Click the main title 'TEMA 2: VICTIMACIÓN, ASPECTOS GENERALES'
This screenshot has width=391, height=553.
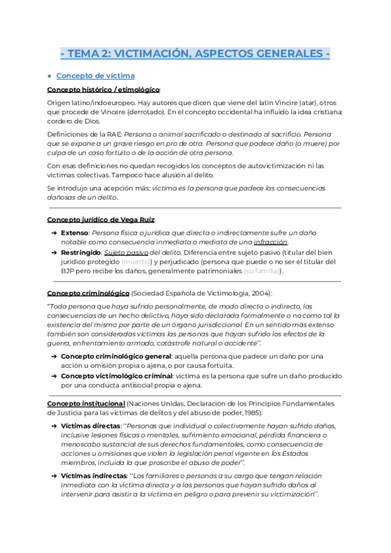[195, 53]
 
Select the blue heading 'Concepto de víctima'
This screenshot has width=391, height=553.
[96, 75]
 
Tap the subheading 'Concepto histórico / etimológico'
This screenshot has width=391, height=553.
[104, 89]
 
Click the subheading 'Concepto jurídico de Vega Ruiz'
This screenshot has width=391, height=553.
[101, 219]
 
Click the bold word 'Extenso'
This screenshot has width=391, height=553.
[74, 232]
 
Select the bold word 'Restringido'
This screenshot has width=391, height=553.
[81, 252]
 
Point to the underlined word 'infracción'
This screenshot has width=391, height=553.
[270, 242]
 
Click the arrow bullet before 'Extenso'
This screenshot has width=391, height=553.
[53, 232]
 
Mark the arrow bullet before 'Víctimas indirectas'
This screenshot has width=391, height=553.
[53, 475]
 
